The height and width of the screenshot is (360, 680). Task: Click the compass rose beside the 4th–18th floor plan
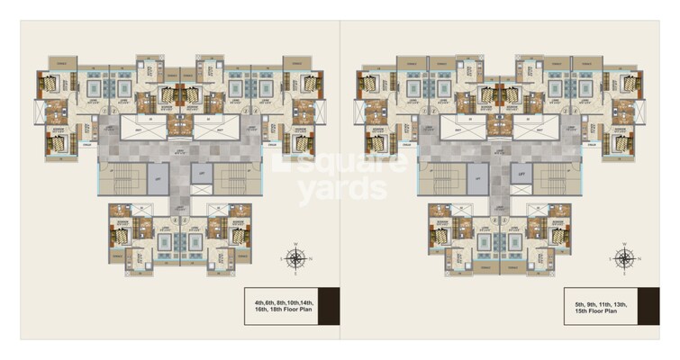click(295, 259)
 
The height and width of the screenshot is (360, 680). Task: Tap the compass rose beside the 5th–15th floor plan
click(623, 259)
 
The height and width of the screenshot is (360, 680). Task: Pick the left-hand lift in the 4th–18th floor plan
click(158, 177)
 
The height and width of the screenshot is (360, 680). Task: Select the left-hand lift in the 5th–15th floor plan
click(477, 177)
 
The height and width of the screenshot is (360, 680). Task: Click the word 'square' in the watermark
click(340, 166)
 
